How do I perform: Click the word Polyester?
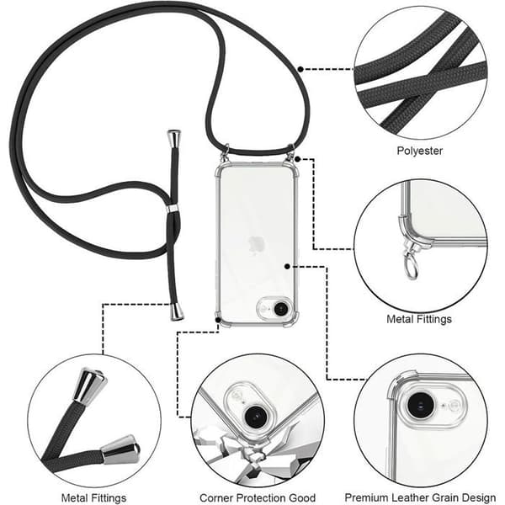(420, 151)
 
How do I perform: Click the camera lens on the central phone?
(281, 309)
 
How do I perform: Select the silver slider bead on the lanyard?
(173, 208)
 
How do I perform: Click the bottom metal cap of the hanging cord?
(177, 311)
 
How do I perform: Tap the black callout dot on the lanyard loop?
(300, 69)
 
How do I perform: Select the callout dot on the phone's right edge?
(287, 266)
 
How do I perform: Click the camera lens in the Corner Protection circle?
(257, 417)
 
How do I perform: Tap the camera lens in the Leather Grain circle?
(419, 405)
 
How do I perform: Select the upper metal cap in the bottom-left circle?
(89, 385)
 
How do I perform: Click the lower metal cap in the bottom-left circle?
(120, 450)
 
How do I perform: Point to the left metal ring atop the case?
(226, 151)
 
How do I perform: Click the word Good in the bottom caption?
(302, 497)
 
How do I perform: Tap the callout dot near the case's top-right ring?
(298, 159)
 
